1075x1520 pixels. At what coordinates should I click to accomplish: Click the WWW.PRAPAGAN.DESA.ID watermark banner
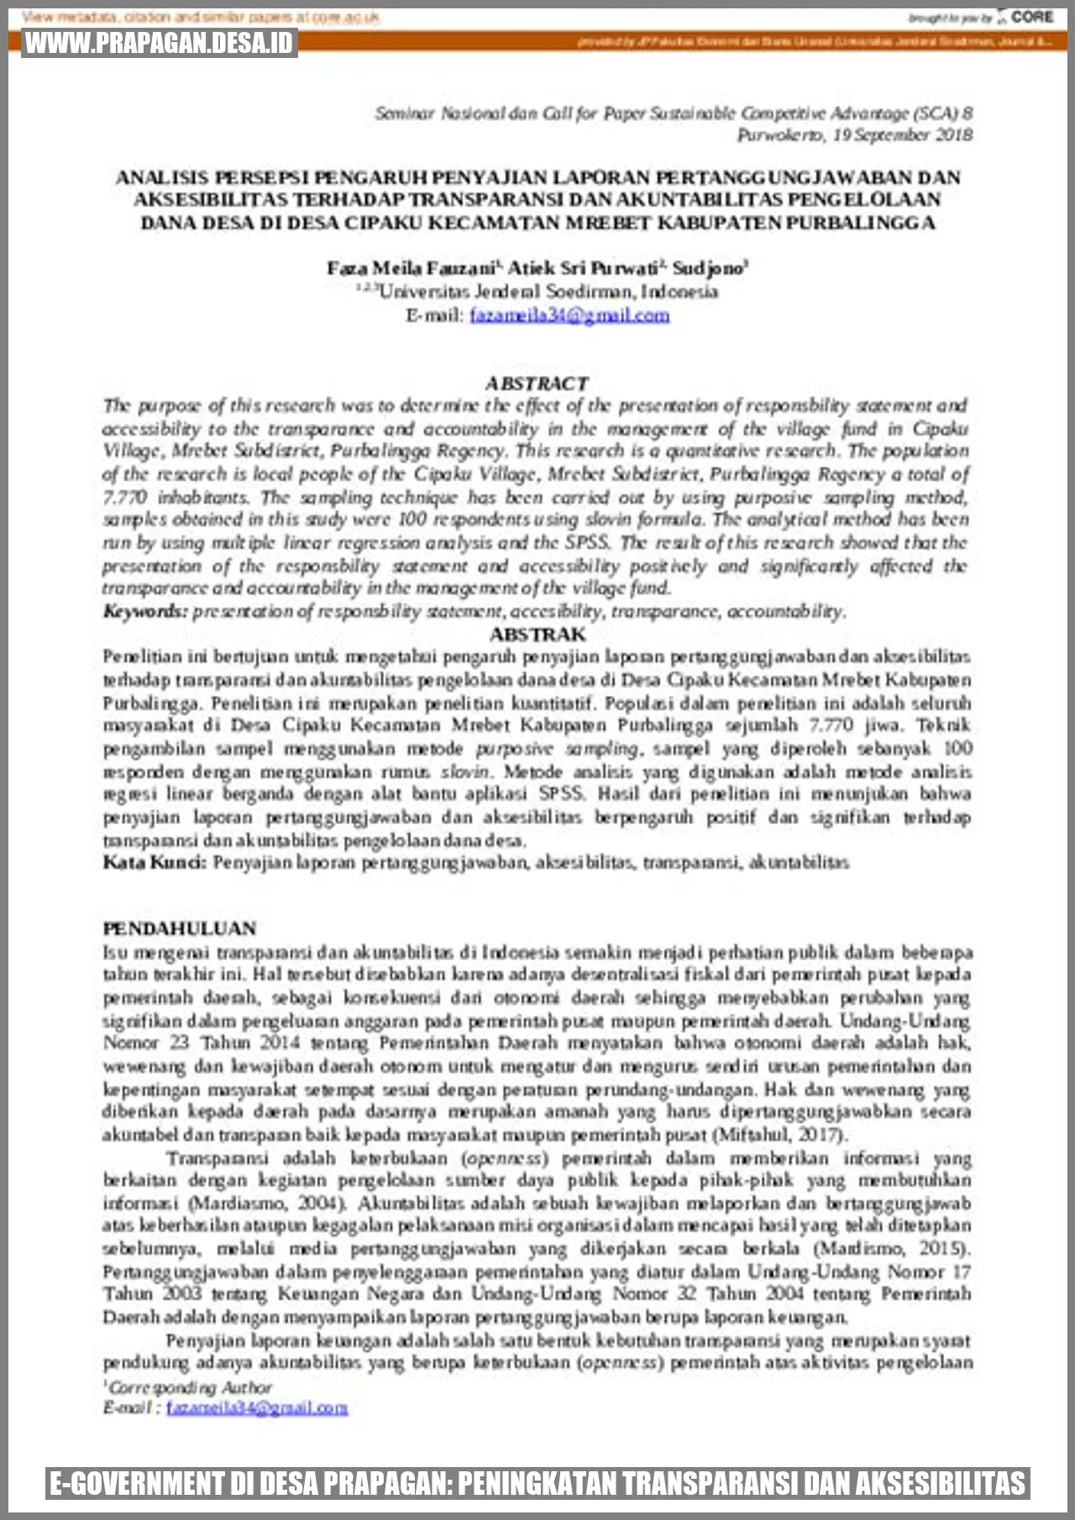click(160, 43)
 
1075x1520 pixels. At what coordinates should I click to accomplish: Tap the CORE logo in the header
click(1031, 17)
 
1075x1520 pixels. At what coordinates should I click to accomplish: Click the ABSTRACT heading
click(537, 383)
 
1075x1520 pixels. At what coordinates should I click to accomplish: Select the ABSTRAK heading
click(537, 634)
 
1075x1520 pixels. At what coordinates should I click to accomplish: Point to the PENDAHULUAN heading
click(180, 928)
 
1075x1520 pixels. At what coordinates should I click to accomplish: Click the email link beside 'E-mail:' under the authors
click(569, 315)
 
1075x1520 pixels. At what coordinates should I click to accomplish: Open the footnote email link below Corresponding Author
click(257, 1407)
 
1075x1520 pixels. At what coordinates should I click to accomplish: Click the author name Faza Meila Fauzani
click(412, 268)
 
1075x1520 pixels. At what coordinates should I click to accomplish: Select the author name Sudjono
click(709, 268)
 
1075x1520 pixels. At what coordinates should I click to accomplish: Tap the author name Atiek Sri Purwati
click(583, 268)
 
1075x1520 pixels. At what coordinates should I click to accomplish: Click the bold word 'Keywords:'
click(144, 611)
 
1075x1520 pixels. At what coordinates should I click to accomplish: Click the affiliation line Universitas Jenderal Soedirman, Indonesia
click(548, 292)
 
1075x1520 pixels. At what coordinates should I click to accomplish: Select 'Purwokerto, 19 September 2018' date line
click(854, 134)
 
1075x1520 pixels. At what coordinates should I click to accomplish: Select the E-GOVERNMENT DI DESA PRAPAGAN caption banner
click(537, 1483)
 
